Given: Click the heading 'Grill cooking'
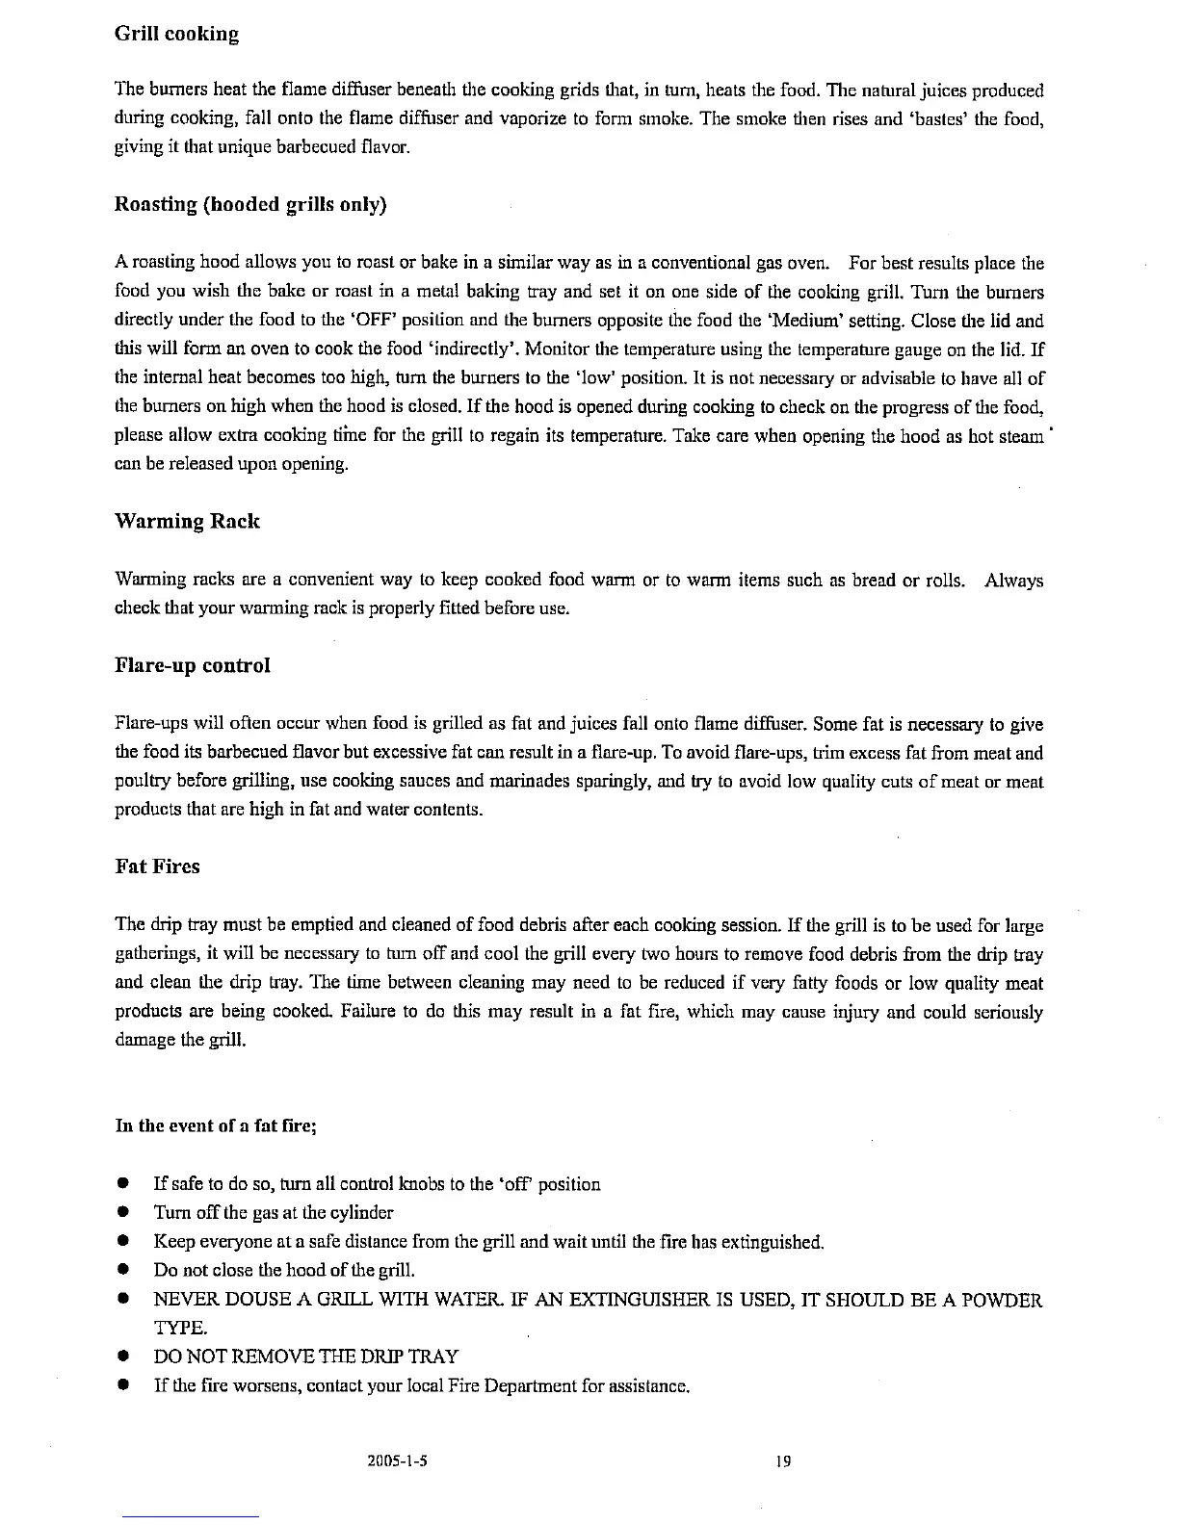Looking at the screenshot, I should [x=176, y=35].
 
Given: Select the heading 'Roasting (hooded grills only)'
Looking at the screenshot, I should [x=250, y=205].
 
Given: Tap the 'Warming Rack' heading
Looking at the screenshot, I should [x=187, y=522].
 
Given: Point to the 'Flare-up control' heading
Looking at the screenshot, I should [x=192, y=666].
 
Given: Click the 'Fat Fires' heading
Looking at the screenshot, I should [x=157, y=866].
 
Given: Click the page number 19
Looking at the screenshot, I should [x=782, y=1461].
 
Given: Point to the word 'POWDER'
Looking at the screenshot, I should [x=1000, y=1302].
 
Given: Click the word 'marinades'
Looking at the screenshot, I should [x=431, y=782].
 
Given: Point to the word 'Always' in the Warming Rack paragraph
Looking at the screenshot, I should [x=1014, y=581].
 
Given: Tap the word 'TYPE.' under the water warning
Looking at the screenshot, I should [x=180, y=1329].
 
